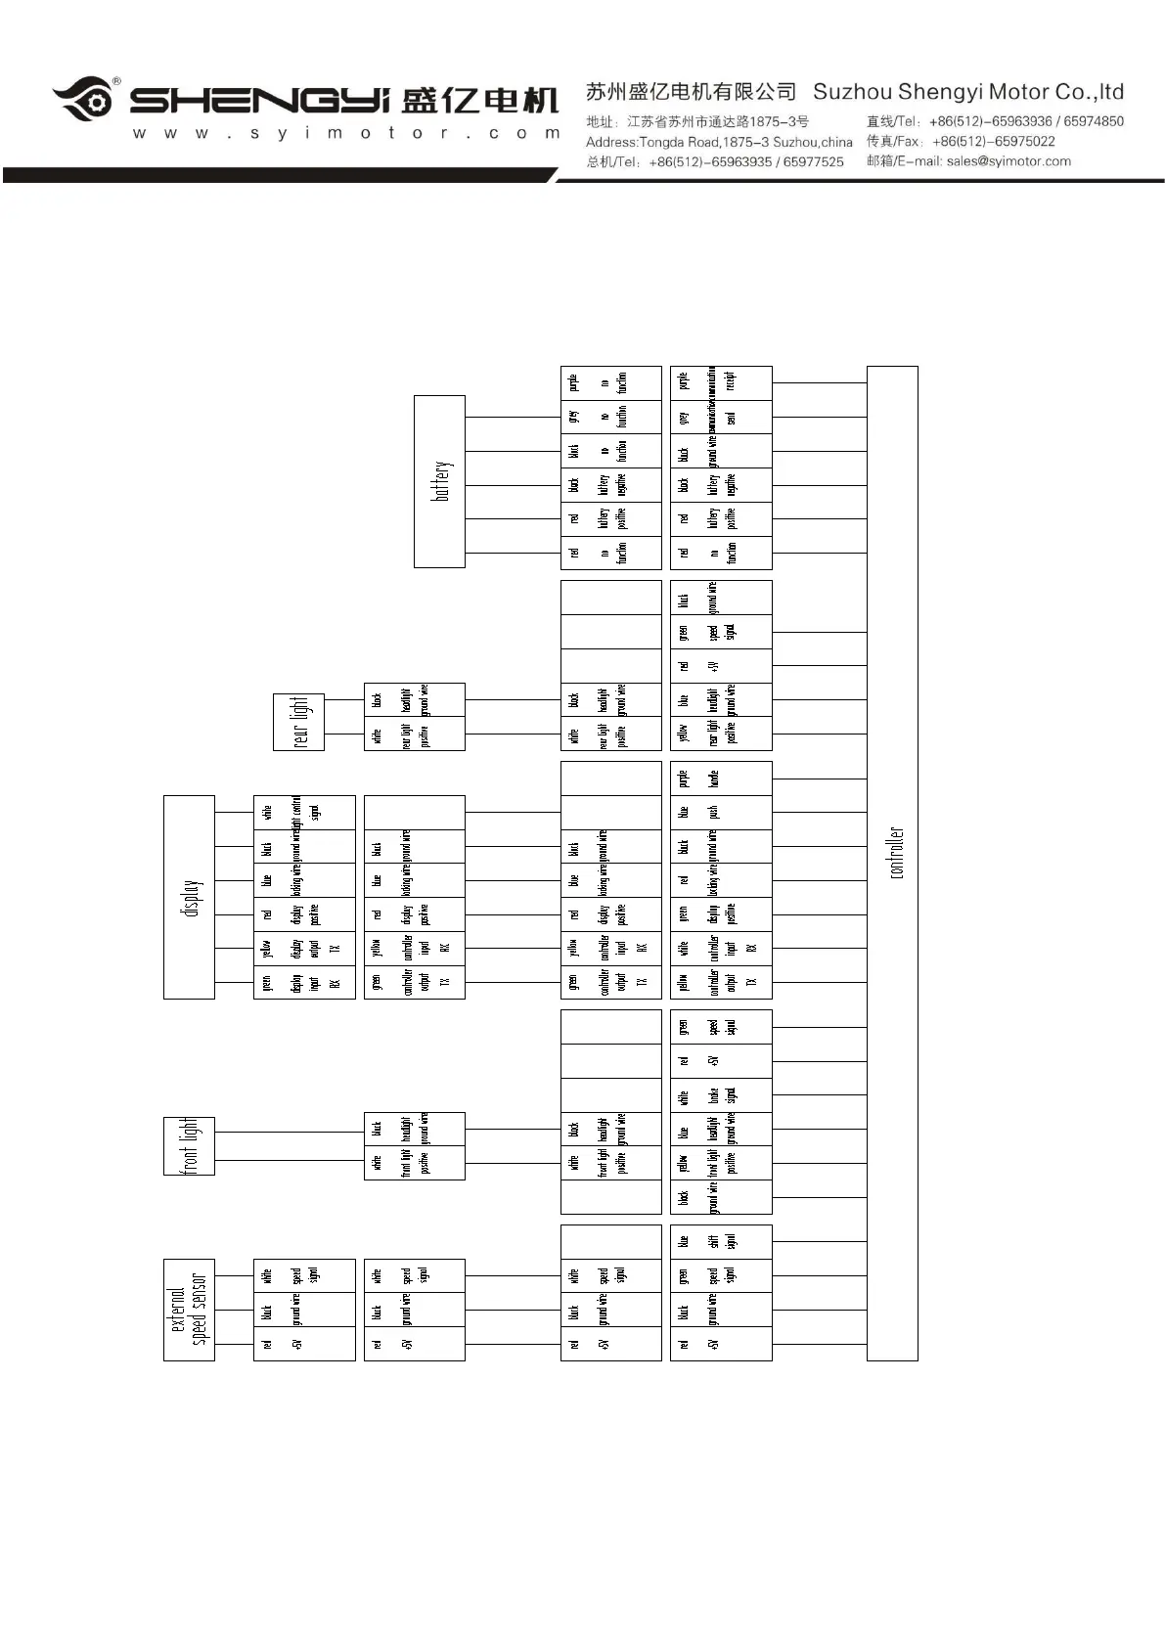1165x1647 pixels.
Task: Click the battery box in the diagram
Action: click(439, 481)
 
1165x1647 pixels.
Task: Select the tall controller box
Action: click(892, 863)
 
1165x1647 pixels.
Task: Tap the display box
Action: click(189, 897)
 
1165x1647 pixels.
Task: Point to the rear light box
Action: click(298, 722)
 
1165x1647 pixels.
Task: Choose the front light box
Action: click(189, 1145)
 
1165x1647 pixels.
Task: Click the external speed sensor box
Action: click(189, 1310)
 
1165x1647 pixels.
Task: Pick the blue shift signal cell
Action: click(721, 1242)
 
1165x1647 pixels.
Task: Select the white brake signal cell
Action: click(721, 1095)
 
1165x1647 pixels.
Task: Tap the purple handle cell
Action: click(721, 779)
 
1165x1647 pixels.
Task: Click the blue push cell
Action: click(721, 813)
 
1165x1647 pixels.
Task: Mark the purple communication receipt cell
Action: click(721, 382)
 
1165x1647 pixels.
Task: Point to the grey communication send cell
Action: click(721, 418)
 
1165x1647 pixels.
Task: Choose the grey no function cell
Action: click(611, 418)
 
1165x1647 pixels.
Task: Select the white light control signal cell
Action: click(304, 813)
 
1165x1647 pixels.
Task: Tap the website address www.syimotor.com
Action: click(346, 133)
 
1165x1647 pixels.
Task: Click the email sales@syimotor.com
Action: click(1008, 161)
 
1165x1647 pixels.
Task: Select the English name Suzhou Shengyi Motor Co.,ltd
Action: click(968, 92)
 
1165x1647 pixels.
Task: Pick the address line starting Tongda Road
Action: click(719, 142)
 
